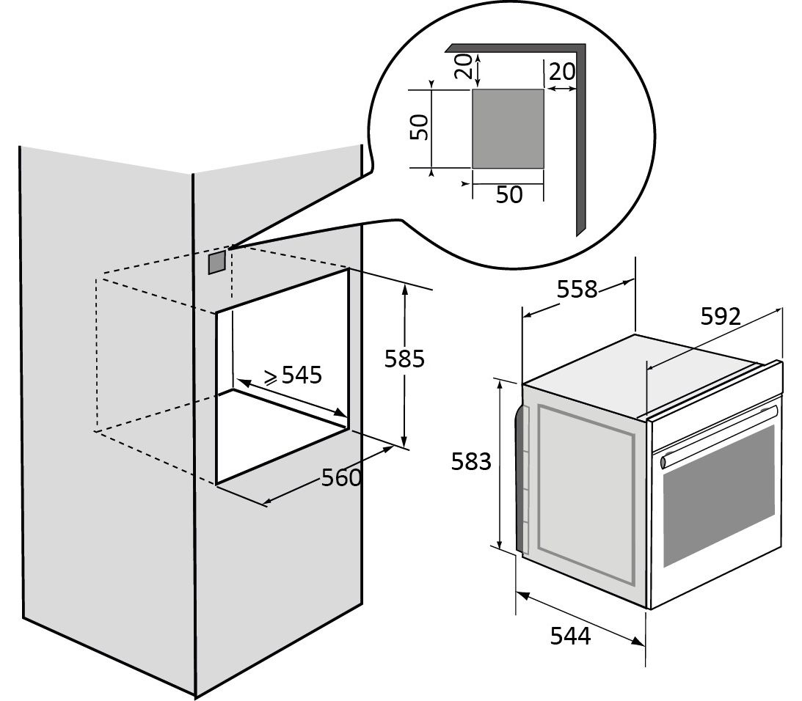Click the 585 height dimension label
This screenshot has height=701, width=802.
405,359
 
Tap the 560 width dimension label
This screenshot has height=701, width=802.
341,478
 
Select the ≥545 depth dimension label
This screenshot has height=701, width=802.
294,375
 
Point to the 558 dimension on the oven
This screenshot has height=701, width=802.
577,290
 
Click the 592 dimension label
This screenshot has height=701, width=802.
720,316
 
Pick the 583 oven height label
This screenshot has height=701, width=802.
470,462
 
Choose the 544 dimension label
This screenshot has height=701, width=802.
570,636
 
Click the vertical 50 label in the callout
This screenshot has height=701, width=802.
418,128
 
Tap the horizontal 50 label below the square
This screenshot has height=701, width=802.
509,195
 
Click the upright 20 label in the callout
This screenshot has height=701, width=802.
562,72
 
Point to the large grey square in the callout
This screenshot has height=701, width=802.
507,128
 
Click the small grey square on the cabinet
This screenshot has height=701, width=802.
217,262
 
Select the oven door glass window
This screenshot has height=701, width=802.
718,496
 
